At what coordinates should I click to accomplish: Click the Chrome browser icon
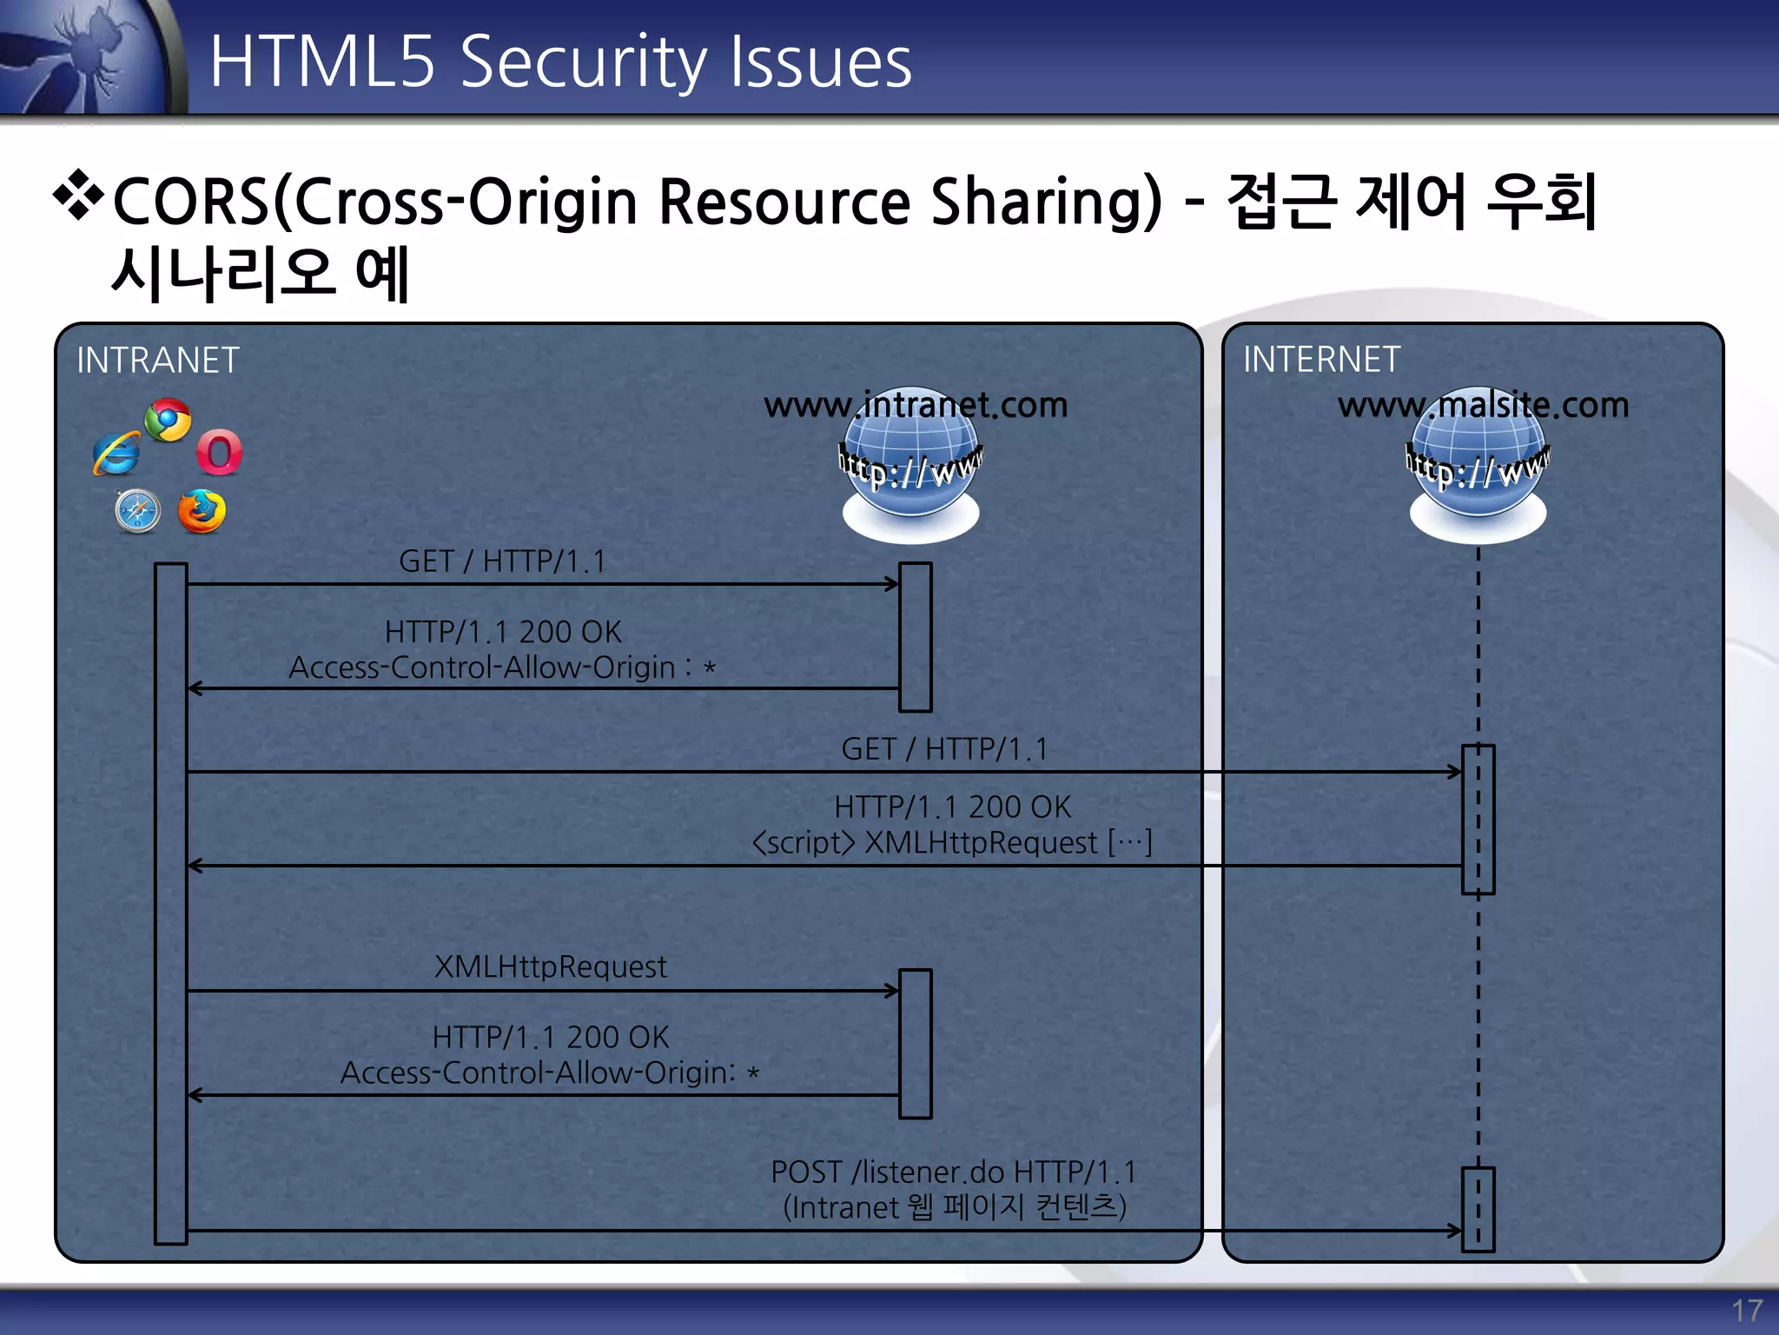pyautogui.click(x=168, y=421)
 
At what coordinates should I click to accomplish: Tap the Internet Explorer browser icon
pyautogui.click(x=116, y=454)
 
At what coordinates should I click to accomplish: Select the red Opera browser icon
pyautogui.click(x=219, y=452)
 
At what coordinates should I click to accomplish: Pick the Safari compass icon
pyautogui.click(x=137, y=510)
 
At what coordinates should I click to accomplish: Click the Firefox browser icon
pyautogui.click(x=202, y=511)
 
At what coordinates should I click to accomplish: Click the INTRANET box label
pyautogui.click(x=157, y=360)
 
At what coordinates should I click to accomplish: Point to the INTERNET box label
pyautogui.click(x=1320, y=359)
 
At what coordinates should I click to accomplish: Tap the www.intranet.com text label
pyautogui.click(x=915, y=405)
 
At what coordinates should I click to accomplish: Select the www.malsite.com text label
pyautogui.click(x=1482, y=405)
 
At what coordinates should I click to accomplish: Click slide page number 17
pyautogui.click(x=1746, y=1310)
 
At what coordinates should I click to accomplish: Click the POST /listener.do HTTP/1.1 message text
pyautogui.click(x=953, y=1172)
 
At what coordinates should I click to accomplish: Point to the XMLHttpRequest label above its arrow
pyautogui.click(x=550, y=966)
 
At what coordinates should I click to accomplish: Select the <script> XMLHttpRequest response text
pyautogui.click(x=951, y=842)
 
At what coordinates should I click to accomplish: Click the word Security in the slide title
pyautogui.click(x=583, y=63)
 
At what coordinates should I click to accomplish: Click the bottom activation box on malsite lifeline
pyautogui.click(x=1478, y=1209)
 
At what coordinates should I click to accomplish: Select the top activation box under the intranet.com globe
pyautogui.click(x=915, y=637)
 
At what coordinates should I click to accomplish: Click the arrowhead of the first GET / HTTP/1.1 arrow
pyautogui.click(x=893, y=584)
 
